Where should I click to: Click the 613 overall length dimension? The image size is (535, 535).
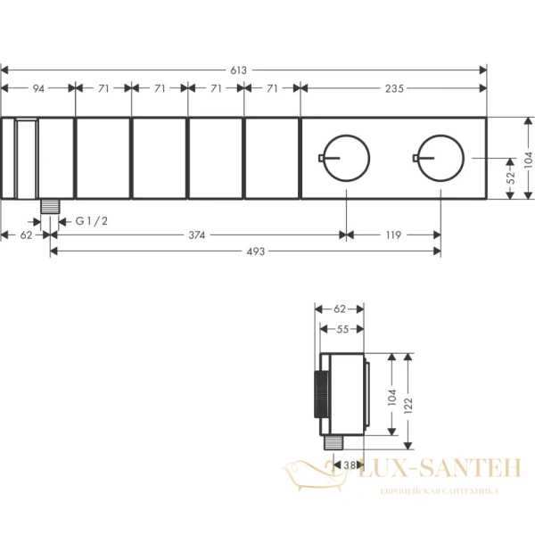238,70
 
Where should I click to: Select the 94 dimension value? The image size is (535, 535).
38,88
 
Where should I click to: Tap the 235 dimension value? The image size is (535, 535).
394,88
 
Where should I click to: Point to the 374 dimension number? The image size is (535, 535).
197,235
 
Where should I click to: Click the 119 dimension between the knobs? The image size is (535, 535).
393,235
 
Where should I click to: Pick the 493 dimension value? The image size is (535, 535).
256,251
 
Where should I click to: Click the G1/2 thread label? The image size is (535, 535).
92,221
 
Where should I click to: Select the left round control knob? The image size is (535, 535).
346,136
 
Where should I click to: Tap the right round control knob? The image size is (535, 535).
440,136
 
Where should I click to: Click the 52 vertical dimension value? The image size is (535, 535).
511,177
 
